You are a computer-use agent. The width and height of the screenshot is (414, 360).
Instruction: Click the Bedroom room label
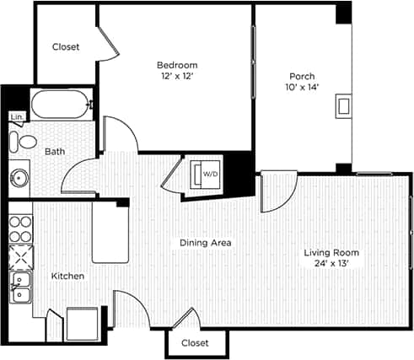[177, 65]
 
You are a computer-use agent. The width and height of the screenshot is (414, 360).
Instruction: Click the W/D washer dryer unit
[207, 174]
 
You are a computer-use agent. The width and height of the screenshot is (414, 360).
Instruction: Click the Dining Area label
[205, 243]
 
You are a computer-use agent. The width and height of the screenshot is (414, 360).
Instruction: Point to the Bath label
[54, 152]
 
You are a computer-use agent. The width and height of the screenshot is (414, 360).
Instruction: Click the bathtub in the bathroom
[58, 106]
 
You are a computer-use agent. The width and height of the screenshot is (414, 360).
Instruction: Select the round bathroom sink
[18, 177]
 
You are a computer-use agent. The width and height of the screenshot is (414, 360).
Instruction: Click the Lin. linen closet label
[16, 117]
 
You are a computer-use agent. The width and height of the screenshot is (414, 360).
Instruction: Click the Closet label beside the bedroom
[66, 47]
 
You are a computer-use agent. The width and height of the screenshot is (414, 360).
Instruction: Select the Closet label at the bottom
[195, 343]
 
